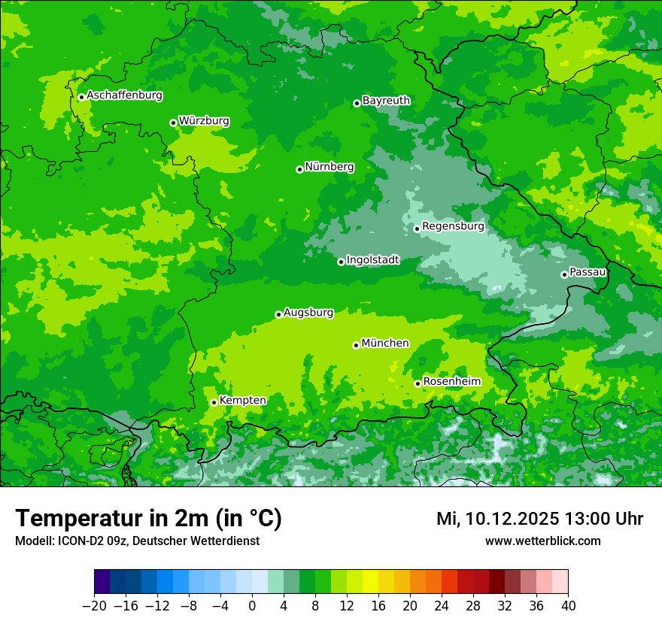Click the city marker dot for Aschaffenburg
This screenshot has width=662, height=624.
click(x=81, y=97)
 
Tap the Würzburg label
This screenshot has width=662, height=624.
click(x=204, y=121)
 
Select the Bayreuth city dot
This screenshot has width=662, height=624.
click(x=357, y=103)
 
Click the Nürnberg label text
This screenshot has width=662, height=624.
click(x=329, y=167)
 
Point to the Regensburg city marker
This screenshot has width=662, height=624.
click(x=417, y=229)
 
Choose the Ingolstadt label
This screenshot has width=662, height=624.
click(x=372, y=260)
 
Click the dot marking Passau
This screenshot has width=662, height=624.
click(x=564, y=274)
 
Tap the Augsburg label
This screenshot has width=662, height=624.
click(x=308, y=313)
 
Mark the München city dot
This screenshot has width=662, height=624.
click(x=356, y=345)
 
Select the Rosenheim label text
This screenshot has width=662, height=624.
click(x=451, y=382)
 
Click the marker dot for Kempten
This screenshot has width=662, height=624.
click(x=214, y=402)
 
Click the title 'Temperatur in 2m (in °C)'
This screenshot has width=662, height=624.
click(x=148, y=519)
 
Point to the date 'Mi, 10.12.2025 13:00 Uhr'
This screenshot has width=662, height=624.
click(x=539, y=519)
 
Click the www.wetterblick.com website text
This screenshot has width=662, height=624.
click(x=542, y=541)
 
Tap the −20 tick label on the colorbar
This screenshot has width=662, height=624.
click(x=94, y=606)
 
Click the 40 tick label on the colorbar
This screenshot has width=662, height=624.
click(x=568, y=606)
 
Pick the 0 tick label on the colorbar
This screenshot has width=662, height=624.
click(x=252, y=606)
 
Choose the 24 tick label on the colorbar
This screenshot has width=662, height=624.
click(x=442, y=606)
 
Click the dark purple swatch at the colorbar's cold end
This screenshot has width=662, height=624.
click(x=102, y=582)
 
